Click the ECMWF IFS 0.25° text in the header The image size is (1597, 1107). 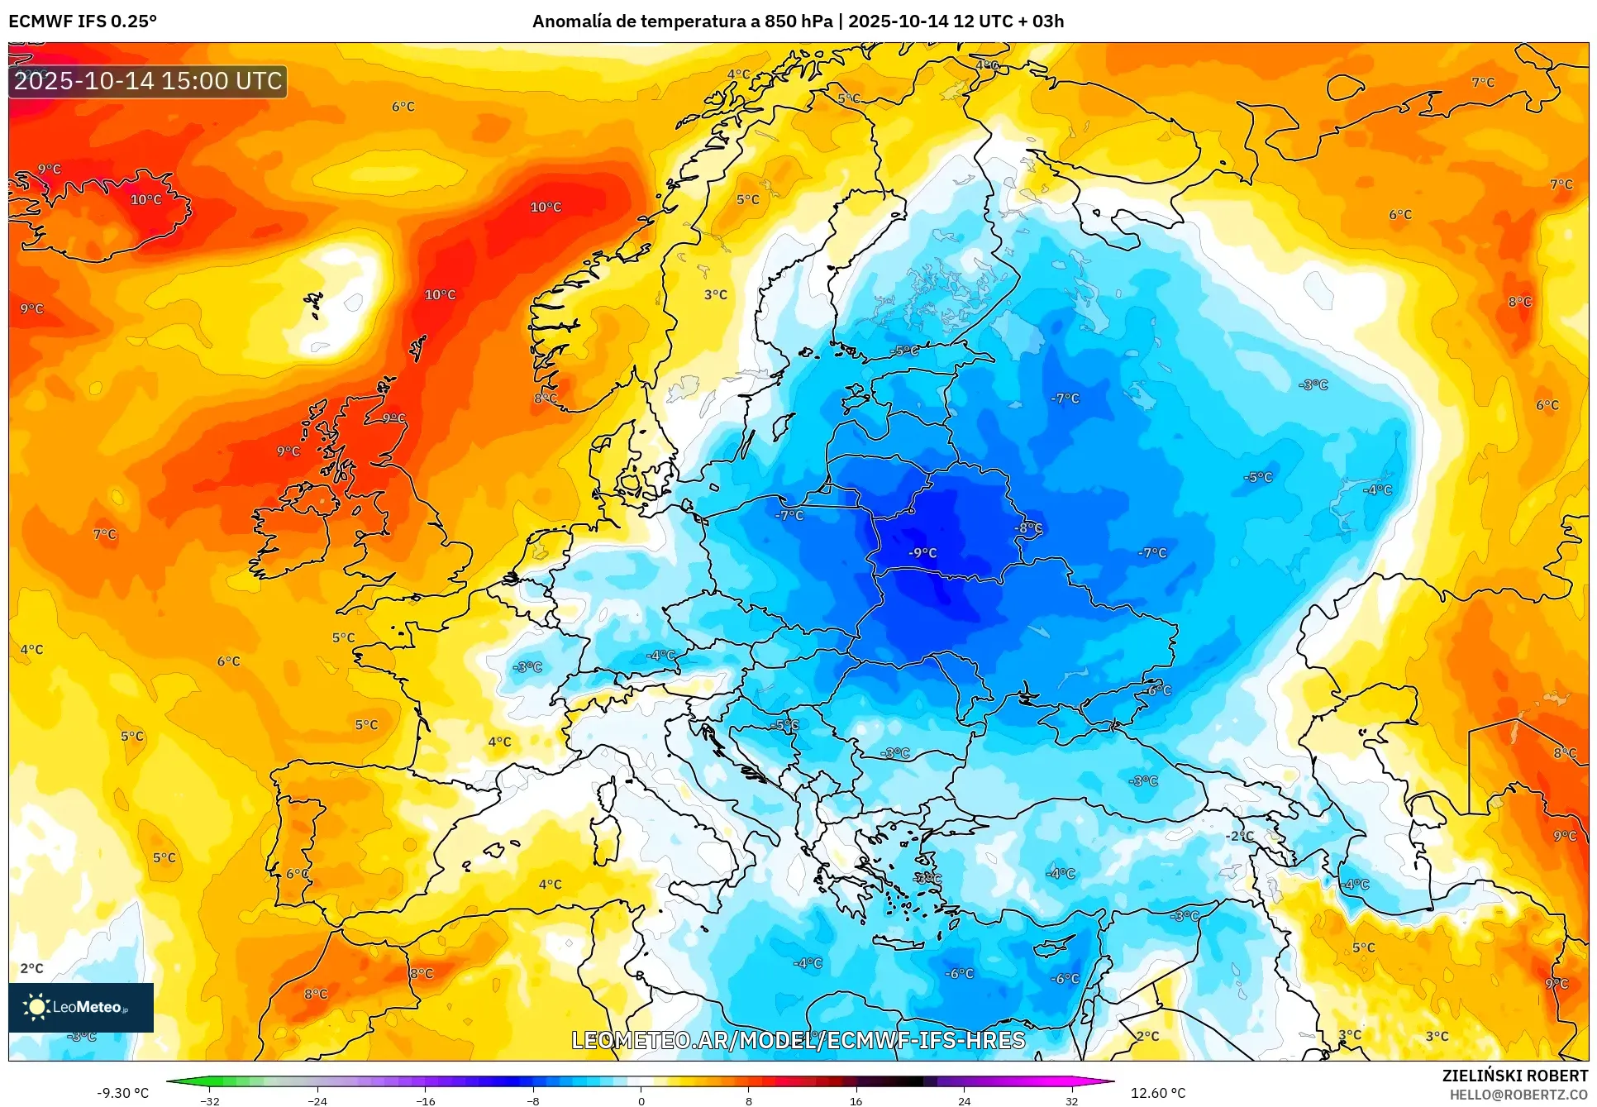(x=83, y=21)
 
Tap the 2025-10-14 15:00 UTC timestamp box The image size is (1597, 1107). (x=148, y=81)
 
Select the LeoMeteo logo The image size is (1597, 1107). (x=81, y=1007)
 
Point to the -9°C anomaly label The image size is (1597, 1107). (x=922, y=553)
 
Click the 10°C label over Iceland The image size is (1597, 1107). (x=146, y=199)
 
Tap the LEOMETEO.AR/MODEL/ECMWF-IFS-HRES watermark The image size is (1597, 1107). (x=798, y=1040)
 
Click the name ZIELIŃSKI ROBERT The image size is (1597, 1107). (x=1514, y=1076)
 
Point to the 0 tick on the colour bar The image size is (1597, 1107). (x=641, y=1100)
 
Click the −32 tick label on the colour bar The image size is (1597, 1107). (x=210, y=1100)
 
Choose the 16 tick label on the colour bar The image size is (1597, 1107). (x=856, y=1100)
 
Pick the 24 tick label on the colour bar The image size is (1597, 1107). (x=964, y=1100)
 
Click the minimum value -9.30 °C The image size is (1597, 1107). (x=123, y=1093)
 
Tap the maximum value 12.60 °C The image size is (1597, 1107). (x=1157, y=1093)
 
